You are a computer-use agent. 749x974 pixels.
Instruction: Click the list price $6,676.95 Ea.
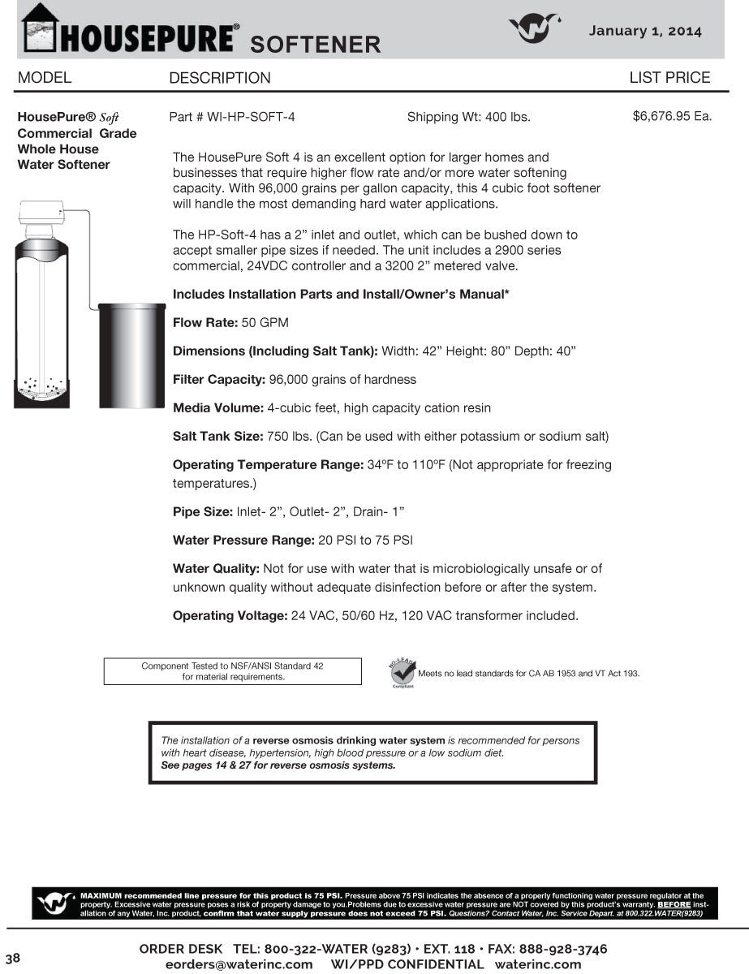pos(672,116)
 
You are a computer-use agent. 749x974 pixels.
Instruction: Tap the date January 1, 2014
pos(645,31)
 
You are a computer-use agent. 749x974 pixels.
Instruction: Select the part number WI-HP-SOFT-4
pos(232,117)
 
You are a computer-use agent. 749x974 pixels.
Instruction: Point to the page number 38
pos(13,957)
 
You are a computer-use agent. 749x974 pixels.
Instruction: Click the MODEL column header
pos(45,78)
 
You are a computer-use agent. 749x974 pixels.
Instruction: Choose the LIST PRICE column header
pos(669,78)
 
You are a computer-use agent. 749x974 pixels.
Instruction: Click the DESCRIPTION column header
pos(220,79)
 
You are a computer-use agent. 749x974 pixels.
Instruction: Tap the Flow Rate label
pos(205,323)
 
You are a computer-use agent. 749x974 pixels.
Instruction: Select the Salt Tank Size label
pos(218,437)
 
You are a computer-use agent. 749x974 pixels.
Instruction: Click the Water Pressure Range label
pos(243,541)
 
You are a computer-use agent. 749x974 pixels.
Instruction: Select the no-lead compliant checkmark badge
pos(402,673)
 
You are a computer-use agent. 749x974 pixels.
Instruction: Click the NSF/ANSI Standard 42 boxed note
pos(232,671)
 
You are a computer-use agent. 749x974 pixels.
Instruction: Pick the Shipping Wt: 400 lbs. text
pos(468,117)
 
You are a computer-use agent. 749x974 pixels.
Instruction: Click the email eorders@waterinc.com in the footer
pos(239,964)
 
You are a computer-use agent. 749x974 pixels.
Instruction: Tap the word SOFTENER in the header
pos(315,44)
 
